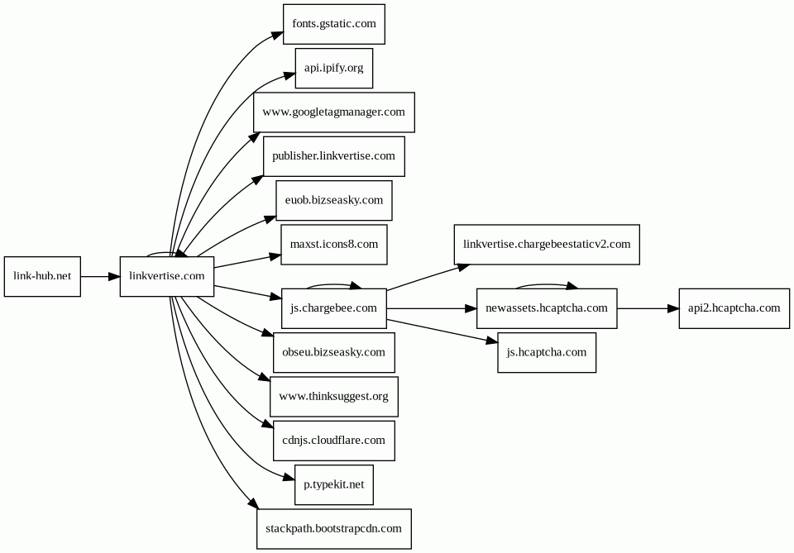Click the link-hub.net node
(42, 276)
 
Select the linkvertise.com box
(167, 276)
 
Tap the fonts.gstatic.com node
(334, 24)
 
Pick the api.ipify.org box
(334, 69)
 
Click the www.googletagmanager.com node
(334, 112)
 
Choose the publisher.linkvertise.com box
(334, 156)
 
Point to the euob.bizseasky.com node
(334, 200)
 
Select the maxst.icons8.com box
(334, 245)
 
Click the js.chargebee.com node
(334, 308)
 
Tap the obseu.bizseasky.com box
(334, 352)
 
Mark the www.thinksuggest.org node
(334, 396)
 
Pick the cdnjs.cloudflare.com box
(334, 441)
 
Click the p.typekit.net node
(334, 484)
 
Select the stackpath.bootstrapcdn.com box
(334, 529)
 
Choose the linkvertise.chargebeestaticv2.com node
(547, 245)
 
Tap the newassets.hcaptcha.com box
(547, 308)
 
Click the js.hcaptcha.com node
(547, 352)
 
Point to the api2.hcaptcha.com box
(734, 308)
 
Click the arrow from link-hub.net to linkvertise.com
(100, 276)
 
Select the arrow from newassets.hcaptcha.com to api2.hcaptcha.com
(648, 308)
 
